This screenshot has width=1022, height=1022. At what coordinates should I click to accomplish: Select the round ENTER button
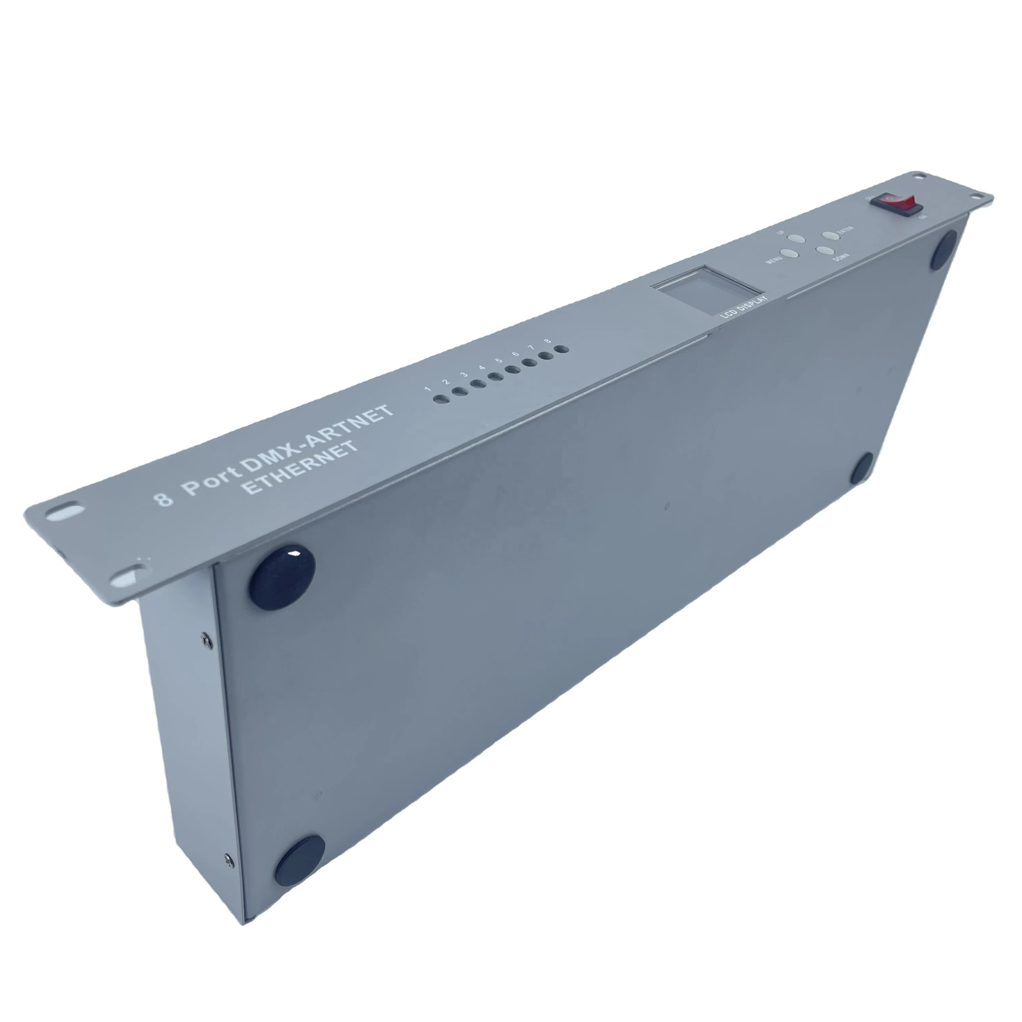(x=828, y=236)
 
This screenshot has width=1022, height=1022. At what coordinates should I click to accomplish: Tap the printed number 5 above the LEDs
(x=498, y=361)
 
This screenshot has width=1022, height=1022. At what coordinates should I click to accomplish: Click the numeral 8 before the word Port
(x=165, y=499)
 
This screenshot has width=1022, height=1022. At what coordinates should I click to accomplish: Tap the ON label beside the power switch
(x=923, y=217)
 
